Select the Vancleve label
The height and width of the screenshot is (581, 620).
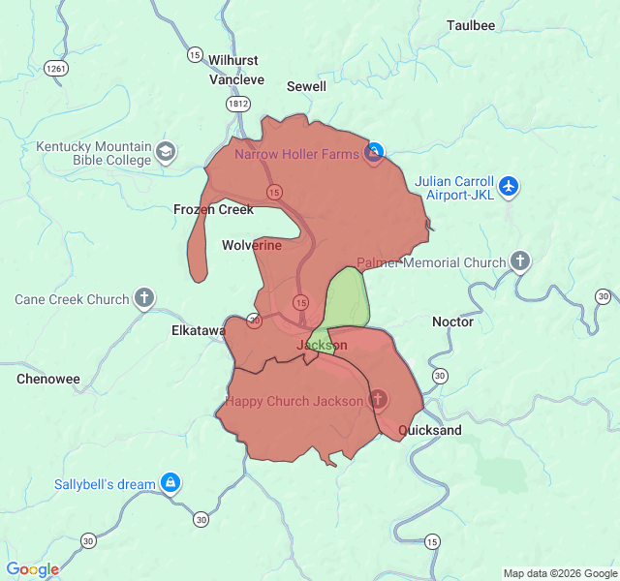(x=236, y=79)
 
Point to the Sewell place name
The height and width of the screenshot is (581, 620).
(x=306, y=86)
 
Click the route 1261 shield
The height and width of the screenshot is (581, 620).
(x=55, y=68)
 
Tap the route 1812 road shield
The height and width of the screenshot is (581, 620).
(x=238, y=102)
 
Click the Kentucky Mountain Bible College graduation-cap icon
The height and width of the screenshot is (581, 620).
(x=167, y=151)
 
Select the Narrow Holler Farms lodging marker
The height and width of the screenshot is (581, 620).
(x=374, y=152)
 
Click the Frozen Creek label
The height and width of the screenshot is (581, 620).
(x=213, y=209)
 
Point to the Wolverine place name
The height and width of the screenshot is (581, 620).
(x=252, y=245)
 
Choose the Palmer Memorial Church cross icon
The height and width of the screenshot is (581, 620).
(x=520, y=261)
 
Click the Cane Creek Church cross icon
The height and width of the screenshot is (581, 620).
(x=144, y=298)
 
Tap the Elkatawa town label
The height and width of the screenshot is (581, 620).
(x=198, y=330)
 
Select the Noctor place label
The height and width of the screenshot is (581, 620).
(x=452, y=321)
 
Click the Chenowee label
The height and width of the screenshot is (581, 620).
(x=47, y=379)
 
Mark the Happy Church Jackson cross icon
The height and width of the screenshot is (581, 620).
(x=378, y=399)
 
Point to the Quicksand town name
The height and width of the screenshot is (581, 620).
(x=429, y=429)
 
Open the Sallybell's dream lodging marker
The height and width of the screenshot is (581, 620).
(x=170, y=481)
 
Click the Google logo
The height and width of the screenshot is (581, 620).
(x=33, y=569)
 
